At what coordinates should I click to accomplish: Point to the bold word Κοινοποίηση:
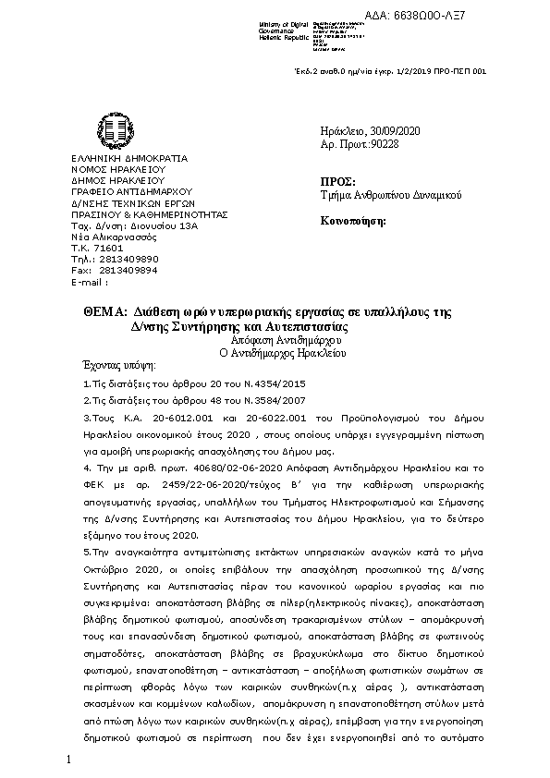click(x=354, y=221)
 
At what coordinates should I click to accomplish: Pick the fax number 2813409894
click(x=128, y=271)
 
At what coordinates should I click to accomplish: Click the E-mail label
click(x=90, y=282)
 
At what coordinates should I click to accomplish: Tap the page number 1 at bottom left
click(x=68, y=759)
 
